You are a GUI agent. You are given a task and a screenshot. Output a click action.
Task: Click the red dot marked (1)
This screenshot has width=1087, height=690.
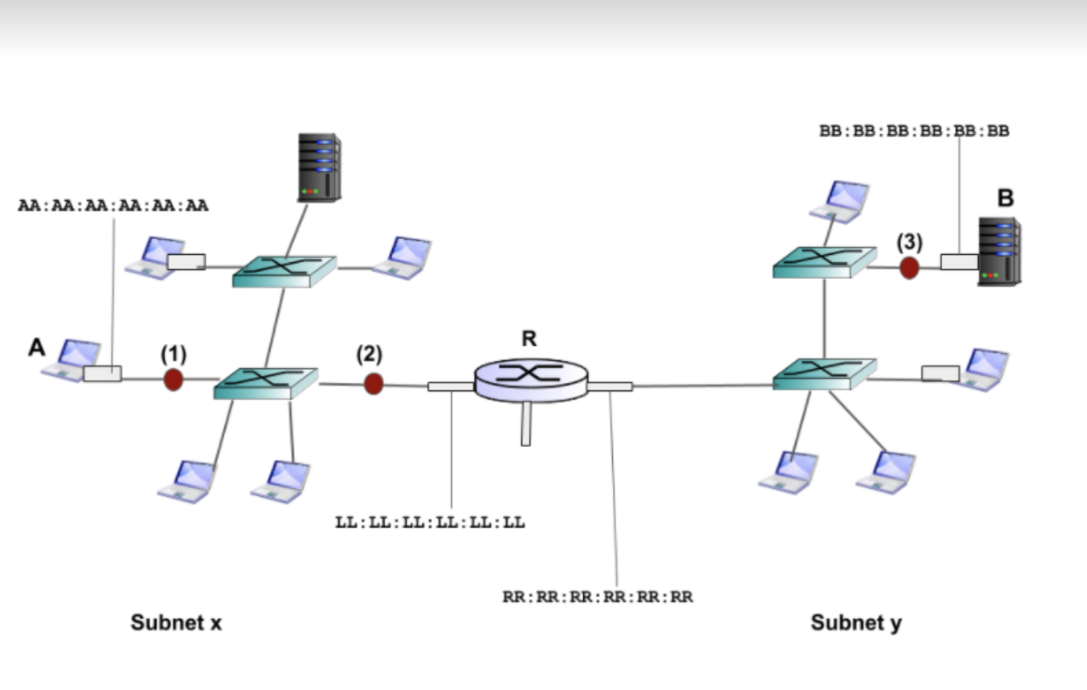pyautogui.click(x=173, y=380)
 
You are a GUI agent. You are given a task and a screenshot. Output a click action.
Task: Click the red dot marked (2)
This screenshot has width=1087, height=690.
pyautogui.click(x=374, y=383)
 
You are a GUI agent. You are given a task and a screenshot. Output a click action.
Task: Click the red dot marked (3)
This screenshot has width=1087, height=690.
pyautogui.click(x=909, y=267)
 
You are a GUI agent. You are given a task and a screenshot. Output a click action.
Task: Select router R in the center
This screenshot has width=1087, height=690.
pyautogui.click(x=530, y=378)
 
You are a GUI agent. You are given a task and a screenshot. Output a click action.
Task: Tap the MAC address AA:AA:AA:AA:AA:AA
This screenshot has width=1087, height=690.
pyautogui.click(x=113, y=205)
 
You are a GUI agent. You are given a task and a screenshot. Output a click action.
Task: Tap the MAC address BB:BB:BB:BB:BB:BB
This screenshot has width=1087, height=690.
pyautogui.click(x=914, y=131)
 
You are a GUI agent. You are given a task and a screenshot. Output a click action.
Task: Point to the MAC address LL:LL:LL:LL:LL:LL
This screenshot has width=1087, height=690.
pyautogui.click(x=430, y=523)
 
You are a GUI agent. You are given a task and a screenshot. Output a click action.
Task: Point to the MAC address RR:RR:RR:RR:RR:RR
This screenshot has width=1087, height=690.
pyautogui.click(x=598, y=597)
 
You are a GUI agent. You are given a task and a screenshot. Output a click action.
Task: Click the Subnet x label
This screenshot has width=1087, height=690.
pyautogui.click(x=176, y=623)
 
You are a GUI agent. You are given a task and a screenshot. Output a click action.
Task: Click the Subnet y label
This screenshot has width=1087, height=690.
pyautogui.click(x=856, y=623)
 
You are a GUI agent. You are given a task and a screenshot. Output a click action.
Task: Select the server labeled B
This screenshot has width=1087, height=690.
pyautogui.click(x=998, y=252)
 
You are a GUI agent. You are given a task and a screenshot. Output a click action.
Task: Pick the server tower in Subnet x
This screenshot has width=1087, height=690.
pyautogui.click(x=319, y=167)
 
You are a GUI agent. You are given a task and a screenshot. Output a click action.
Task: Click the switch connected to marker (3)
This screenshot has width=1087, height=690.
pyautogui.click(x=824, y=261)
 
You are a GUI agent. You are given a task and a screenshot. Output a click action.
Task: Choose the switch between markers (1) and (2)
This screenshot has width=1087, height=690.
pyautogui.click(x=266, y=382)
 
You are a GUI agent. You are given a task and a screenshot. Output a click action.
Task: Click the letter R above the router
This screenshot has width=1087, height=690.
pyautogui.click(x=529, y=338)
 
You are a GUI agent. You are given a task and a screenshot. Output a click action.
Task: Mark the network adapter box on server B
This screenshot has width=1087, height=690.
pyautogui.click(x=959, y=262)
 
